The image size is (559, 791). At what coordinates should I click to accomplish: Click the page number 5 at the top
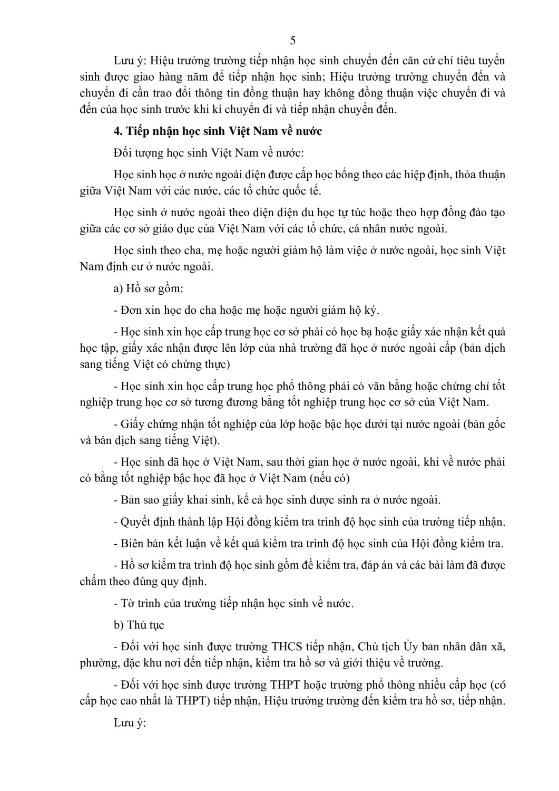pyautogui.click(x=293, y=41)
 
